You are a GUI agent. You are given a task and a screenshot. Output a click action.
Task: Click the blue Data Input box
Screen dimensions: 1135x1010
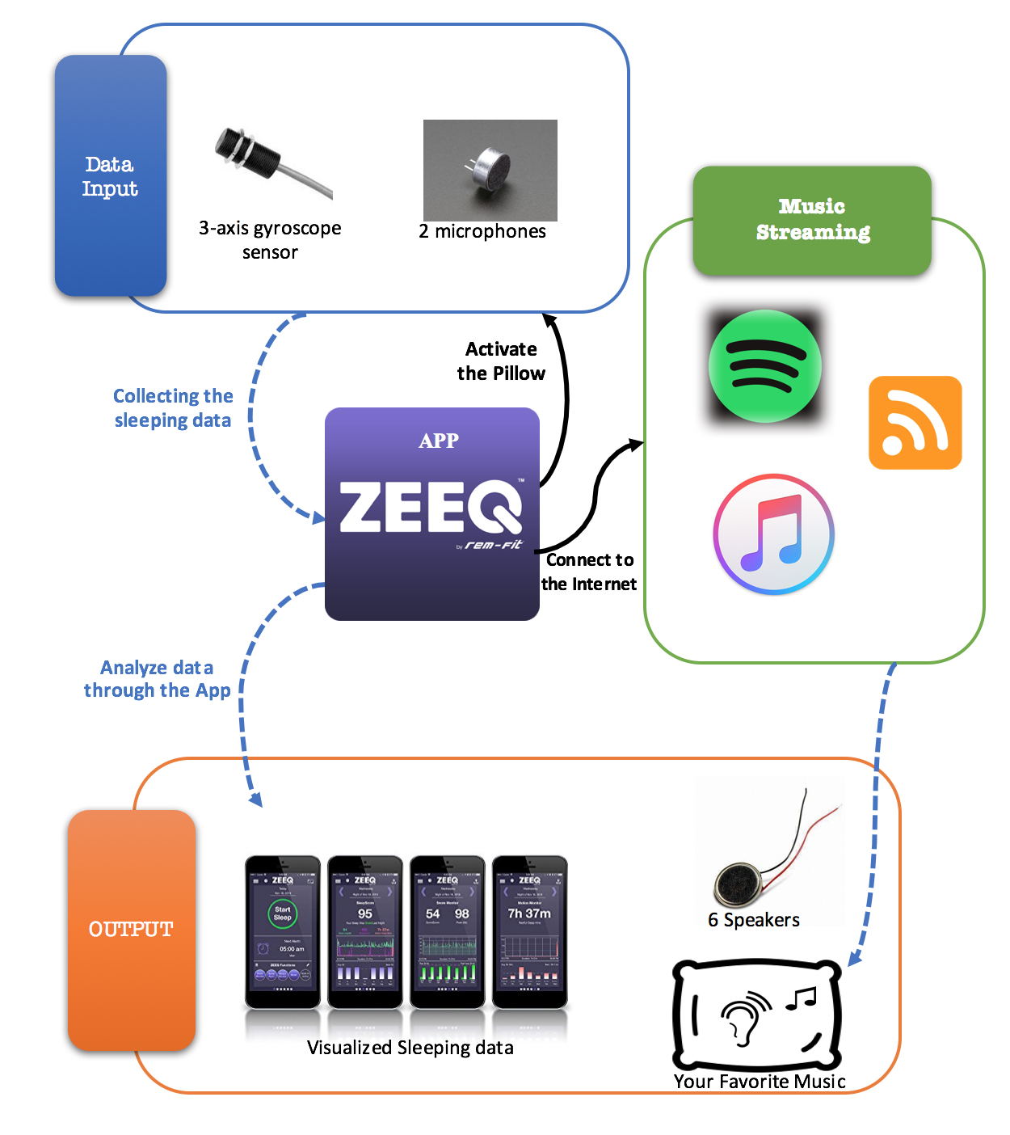point(111,175)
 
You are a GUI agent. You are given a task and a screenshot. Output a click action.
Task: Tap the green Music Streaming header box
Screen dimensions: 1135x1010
point(812,220)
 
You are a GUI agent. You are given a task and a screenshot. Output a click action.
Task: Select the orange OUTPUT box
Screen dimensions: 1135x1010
point(131,930)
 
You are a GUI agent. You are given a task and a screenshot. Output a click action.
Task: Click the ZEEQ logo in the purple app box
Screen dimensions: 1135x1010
point(431,508)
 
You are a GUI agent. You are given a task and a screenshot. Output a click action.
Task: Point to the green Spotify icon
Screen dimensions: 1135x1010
point(764,366)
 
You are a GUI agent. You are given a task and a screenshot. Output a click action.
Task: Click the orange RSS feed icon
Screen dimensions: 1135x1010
point(915,422)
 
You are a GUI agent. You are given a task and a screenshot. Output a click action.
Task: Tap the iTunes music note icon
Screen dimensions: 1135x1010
point(773,534)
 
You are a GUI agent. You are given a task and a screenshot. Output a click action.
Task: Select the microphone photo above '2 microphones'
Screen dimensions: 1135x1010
point(490,170)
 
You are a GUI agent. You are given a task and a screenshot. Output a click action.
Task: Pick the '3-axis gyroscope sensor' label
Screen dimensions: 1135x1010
point(270,240)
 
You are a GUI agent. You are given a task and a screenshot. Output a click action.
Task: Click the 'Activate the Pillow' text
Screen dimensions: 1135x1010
point(501,361)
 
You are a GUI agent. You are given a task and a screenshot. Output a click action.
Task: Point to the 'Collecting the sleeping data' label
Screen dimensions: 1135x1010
point(173,408)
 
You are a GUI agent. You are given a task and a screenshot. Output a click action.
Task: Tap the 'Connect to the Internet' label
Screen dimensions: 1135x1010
point(589,572)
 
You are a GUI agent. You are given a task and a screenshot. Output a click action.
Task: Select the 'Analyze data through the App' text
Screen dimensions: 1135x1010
point(157,679)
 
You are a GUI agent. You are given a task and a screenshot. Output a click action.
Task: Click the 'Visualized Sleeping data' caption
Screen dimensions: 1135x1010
point(410,1048)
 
